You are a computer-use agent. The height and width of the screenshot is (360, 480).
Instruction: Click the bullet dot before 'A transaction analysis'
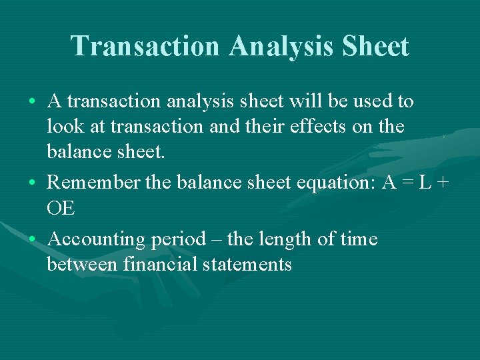pos(33,103)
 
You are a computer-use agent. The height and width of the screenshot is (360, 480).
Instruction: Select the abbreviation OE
pos(61,209)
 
